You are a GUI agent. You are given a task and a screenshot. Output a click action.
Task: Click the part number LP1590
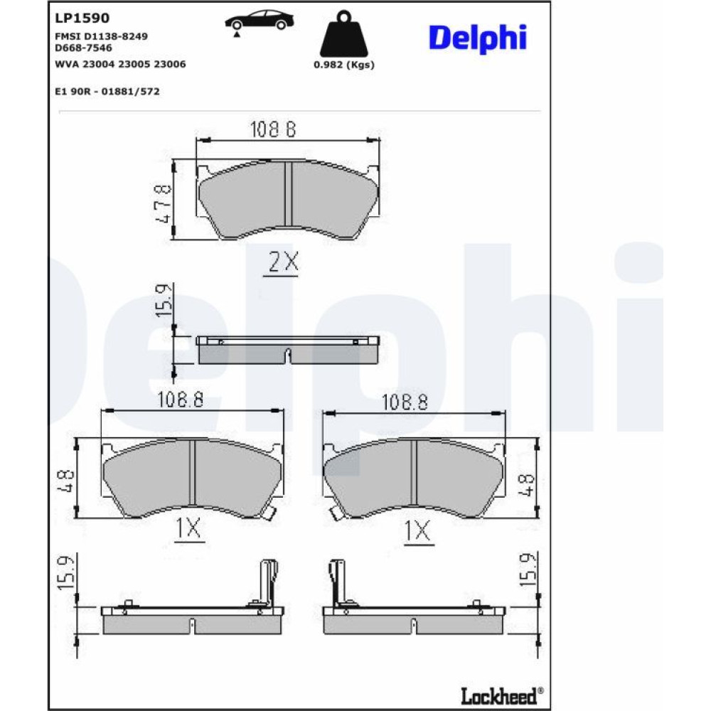[x=82, y=18]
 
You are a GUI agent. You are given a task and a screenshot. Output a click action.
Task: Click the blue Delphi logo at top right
[x=478, y=38]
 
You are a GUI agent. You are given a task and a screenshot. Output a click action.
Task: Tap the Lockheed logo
[x=502, y=696]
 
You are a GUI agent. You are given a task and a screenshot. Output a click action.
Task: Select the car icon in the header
[x=260, y=22]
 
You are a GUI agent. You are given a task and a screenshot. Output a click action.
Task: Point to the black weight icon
[x=343, y=34]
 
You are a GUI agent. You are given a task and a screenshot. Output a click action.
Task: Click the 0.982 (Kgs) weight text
[x=344, y=65]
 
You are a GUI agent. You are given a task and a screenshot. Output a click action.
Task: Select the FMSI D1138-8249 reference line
[x=101, y=36]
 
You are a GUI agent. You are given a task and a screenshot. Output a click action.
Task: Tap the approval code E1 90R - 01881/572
[x=107, y=92]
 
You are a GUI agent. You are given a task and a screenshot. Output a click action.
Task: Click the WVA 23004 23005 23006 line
[x=120, y=65]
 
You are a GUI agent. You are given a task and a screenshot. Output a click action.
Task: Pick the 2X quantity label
[x=284, y=262]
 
